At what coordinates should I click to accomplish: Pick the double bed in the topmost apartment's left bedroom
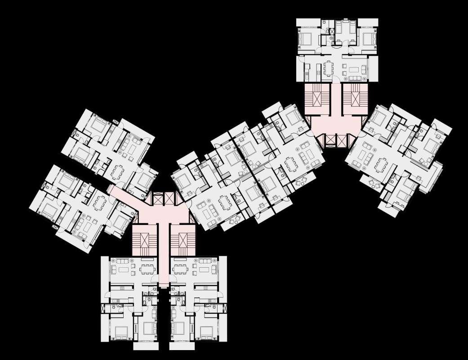click(x=307, y=39)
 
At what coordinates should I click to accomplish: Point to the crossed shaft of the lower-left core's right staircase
click(x=183, y=244)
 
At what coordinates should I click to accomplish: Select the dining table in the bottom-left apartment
click(x=146, y=269)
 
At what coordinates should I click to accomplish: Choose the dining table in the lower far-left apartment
click(x=100, y=203)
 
